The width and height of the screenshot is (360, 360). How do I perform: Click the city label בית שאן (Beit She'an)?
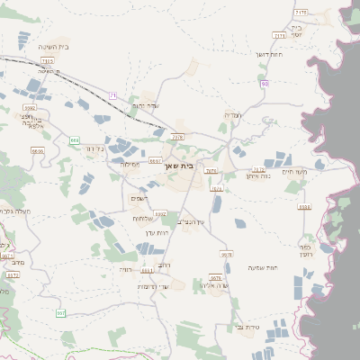pyautogui.click(x=179, y=166)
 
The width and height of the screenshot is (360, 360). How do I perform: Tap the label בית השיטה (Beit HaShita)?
pyautogui.click(x=54, y=46)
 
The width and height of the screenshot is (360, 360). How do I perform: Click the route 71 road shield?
pyautogui.click(x=112, y=94)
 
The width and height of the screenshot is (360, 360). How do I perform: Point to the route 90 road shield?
pyautogui.click(x=265, y=84)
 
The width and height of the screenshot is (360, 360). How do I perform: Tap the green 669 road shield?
pyautogui.click(x=75, y=140)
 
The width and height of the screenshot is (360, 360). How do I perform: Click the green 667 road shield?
pyautogui.click(x=61, y=313)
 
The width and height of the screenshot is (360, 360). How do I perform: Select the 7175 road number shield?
pyautogui.click(x=301, y=12)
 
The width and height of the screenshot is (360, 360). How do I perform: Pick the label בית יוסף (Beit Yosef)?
pyautogui.click(x=297, y=31)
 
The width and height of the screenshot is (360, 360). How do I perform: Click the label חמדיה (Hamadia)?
pyautogui.click(x=232, y=115)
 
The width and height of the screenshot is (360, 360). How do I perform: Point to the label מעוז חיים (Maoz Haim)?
pyautogui.click(x=294, y=171)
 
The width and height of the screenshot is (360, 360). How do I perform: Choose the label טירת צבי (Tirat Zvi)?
pyautogui.click(x=245, y=327)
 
